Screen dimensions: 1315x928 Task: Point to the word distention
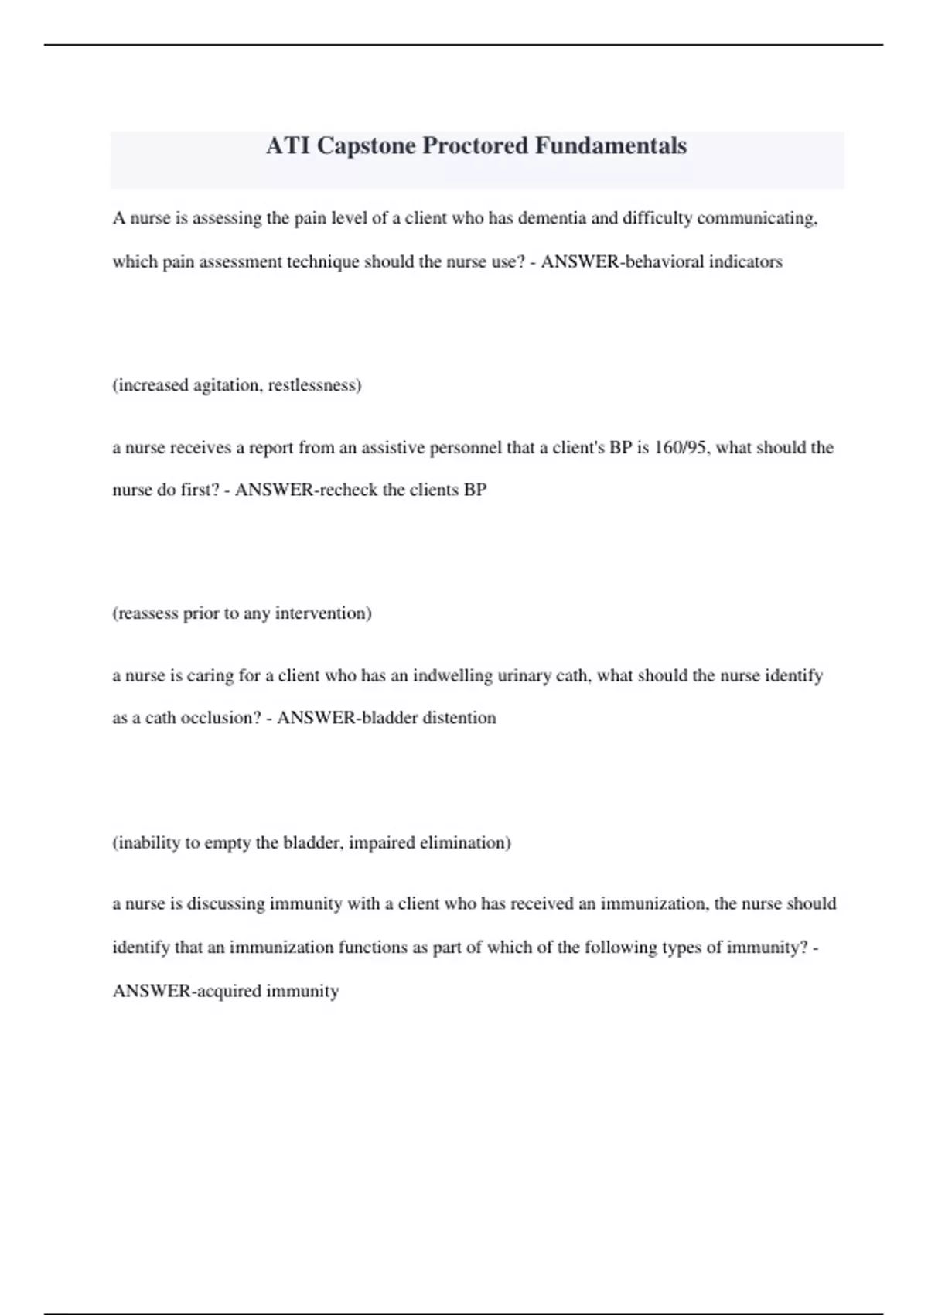pyautogui.click(x=458, y=718)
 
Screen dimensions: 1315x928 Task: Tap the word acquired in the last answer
pyautogui.click(x=230, y=992)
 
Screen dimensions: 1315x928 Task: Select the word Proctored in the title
pyautogui.click(x=475, y=146)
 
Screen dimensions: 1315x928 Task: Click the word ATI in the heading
pyautogui.click(x=288, y=146)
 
